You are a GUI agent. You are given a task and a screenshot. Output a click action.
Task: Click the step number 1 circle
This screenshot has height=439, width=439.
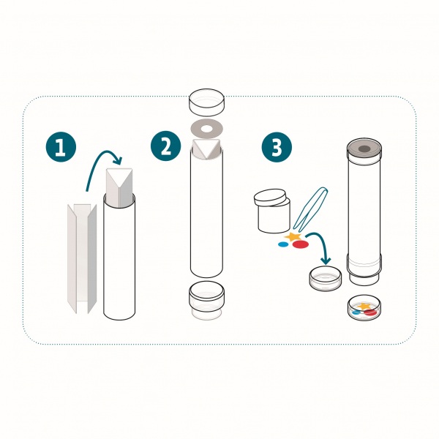(61, 147)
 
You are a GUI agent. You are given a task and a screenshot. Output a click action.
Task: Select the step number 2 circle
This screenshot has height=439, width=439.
(166, 146)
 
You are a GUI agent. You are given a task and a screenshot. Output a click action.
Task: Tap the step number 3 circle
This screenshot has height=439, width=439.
(277, 147)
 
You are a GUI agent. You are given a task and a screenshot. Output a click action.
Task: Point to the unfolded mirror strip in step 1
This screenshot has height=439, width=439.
(82, 259)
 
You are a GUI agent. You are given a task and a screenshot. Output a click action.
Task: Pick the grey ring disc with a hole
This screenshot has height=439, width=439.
(206, 129)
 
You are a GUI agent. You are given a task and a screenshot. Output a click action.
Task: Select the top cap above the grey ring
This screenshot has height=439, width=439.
(206, 102)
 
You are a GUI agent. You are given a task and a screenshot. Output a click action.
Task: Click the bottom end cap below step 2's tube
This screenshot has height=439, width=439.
(206, 300)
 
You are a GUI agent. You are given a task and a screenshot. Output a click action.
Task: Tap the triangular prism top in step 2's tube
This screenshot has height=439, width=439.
(206, 148)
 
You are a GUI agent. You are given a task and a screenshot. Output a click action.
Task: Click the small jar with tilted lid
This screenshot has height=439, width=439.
(273, 211)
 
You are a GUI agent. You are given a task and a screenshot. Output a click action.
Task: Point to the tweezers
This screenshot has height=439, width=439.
(310, 209)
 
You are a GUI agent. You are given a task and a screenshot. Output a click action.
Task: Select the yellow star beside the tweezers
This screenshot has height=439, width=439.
(293, 237)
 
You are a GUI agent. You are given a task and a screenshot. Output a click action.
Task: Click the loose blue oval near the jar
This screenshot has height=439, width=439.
(283, 244)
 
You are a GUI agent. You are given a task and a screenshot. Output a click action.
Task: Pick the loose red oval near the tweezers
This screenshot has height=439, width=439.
(301, 244)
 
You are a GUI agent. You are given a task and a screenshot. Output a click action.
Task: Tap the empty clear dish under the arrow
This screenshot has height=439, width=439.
(326, 279)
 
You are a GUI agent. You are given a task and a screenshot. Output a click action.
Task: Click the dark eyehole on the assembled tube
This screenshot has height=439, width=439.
(364, 149)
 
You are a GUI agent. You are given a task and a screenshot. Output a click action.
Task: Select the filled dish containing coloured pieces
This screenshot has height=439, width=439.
(364, 307)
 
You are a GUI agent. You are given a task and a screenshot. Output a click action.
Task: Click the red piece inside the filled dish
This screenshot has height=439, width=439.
(370, 312)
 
